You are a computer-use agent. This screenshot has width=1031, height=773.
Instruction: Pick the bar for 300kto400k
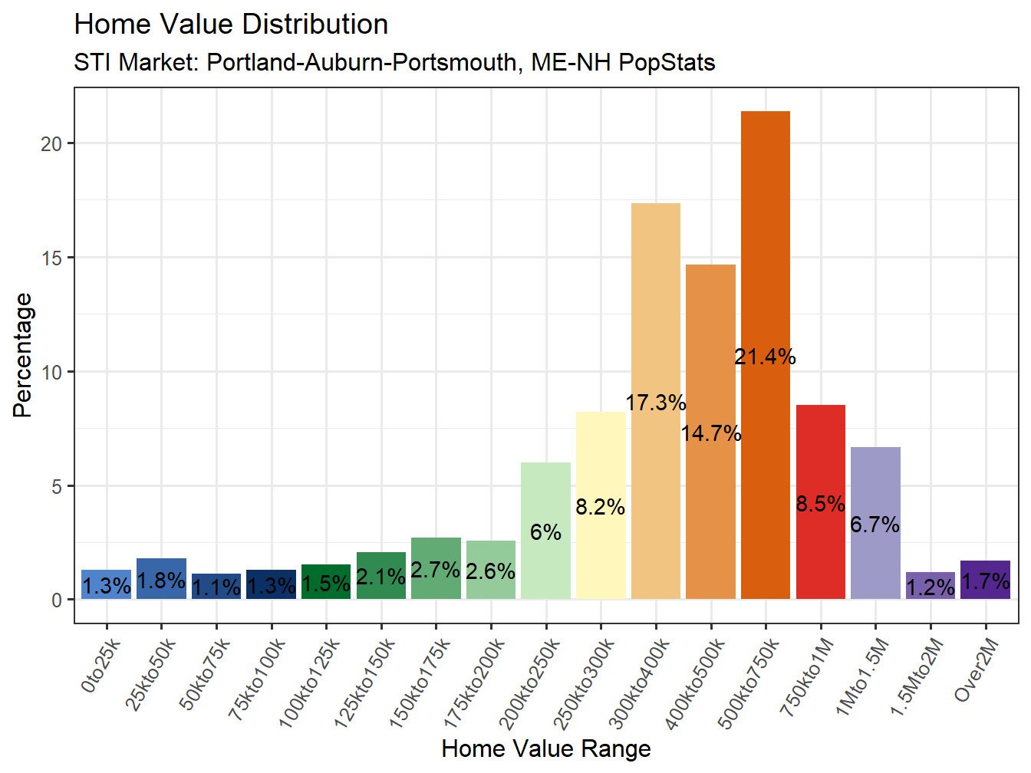point(655,307)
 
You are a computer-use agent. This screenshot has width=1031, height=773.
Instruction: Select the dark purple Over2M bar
point(985,581)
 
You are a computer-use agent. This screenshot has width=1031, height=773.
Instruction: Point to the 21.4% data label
point(765,357)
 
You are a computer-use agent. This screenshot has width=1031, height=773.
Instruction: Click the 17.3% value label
point(655,403)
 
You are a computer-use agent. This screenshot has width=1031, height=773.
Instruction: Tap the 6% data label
point(545,532)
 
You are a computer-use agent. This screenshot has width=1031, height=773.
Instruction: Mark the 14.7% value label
point(710,433)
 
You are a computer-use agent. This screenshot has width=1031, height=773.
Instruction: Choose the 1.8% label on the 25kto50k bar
point(161,581)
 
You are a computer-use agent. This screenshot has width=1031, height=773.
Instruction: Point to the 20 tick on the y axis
point(51,144)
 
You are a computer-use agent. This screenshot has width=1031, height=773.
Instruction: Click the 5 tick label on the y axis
point(57,487)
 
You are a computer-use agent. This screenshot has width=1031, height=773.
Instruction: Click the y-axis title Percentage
point(23,355)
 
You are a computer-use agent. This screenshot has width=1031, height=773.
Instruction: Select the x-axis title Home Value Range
point(545,748)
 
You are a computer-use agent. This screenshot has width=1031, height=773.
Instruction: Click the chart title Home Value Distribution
point(231,25)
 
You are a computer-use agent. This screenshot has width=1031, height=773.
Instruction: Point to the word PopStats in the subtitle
point(667,62)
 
